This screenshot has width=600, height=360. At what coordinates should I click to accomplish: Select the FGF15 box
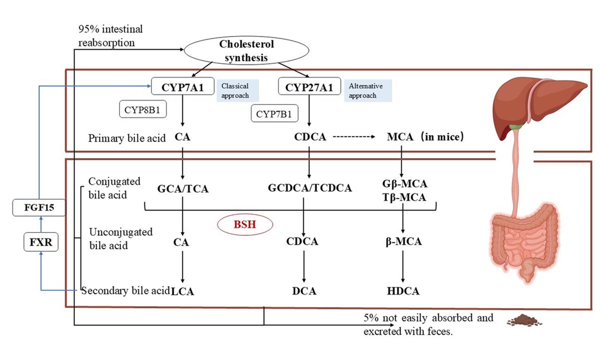tap(38, 207)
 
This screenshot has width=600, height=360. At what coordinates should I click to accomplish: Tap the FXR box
tap(38, 243)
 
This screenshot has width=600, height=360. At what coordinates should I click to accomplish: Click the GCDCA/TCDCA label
tap(309, 188)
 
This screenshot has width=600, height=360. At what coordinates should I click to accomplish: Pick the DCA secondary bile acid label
tap(305, 291)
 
